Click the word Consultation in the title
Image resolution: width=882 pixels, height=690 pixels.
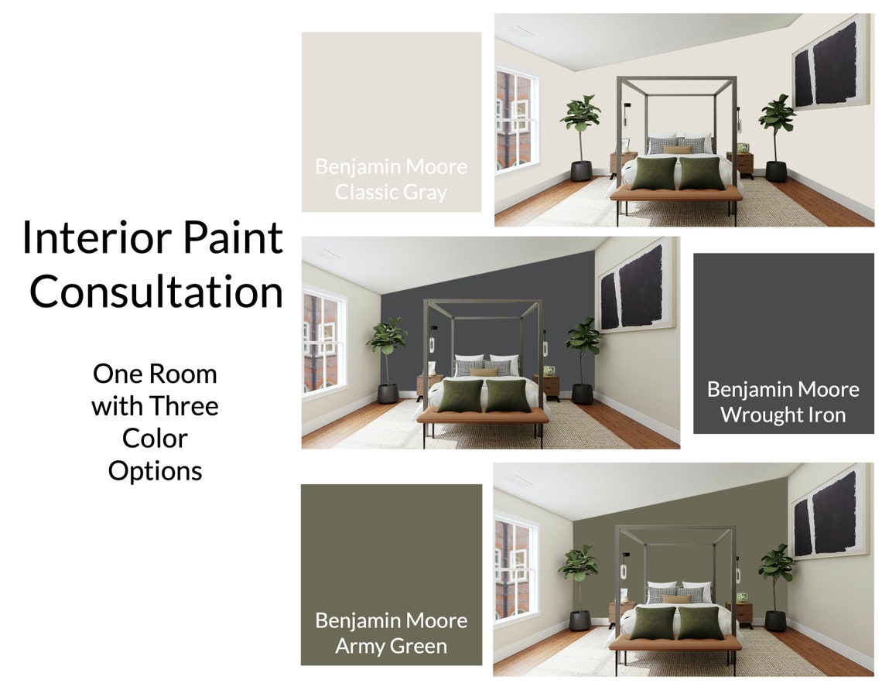[156, 292]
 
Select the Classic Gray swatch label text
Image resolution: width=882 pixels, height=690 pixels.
[391, 179]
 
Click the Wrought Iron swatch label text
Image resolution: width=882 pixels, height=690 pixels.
[783, 401]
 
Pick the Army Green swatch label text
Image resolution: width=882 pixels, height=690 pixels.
[391, 633]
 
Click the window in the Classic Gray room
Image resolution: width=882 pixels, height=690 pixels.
[516, 119]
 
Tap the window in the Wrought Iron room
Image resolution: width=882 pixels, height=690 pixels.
[323, 341]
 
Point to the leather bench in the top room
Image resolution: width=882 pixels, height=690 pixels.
[676, 194]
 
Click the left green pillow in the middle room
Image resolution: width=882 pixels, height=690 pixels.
[460, 395]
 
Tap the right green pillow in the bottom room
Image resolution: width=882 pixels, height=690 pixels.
[700, 623]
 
